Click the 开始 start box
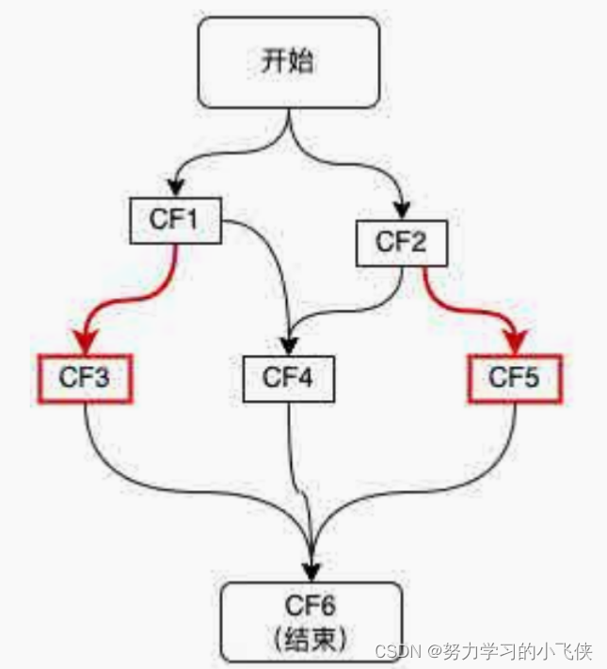tap(289, 62)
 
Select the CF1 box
tap(175, 220)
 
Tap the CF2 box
tap(402, 243)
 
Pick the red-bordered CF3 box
tap(85, 378)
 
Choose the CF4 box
tap(289, 379)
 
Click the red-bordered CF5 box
tap(515, 378)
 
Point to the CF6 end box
tap(311, 622)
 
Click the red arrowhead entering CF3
tap(86, 342)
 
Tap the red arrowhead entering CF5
tap(516, 342)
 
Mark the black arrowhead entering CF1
tap(175, 188)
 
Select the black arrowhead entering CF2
tap(402, 211)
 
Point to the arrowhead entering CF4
tap(289, 346)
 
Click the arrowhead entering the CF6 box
tap(311, 572)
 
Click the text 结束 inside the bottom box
tap(311, 640)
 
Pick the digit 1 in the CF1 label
tap(191, 219)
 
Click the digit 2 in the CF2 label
tap(418, 242)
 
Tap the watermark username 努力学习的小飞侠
tap(518, 651)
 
